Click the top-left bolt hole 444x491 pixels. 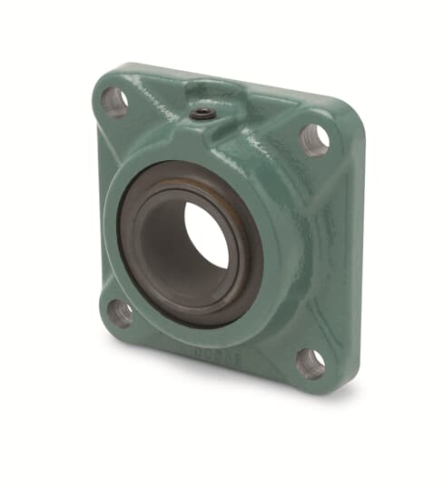click(x=114, y=102)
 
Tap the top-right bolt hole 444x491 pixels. click(x=314, y=139)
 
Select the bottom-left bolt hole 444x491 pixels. click(x=120, y=313)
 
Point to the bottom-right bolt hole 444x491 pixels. click(x=311, y=362)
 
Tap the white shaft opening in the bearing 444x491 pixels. click(x=207, y=235)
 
